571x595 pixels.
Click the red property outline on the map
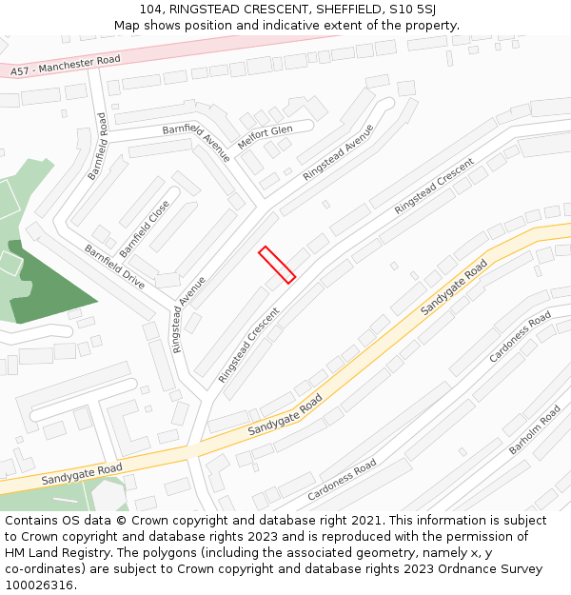click(x=277, y=264)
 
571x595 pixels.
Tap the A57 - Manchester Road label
click(x=66, y=65)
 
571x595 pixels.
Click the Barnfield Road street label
click(x=97, y=147)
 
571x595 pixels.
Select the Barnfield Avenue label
click(x=195, y=142)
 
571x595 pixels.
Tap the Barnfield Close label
click(x=145, y=228)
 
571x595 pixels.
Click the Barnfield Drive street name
click(x=114, y=268)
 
